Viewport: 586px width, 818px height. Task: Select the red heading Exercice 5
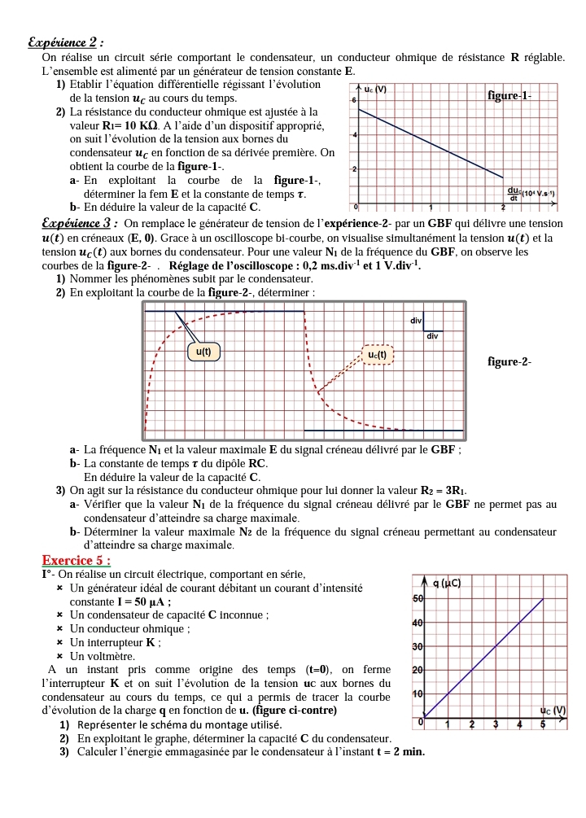point(77,561)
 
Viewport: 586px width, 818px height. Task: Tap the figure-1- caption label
point(509,96)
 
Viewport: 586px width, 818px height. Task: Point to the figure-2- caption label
point(509,361)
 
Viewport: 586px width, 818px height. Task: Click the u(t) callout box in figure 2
point(203,352)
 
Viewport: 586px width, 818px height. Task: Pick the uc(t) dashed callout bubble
point(378,355)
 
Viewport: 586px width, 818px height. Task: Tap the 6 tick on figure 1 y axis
point(354,98)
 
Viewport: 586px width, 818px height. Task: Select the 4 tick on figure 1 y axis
point(354,133)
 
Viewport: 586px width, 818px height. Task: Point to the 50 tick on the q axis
point(418,599)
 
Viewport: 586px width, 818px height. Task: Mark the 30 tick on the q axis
point(418,647)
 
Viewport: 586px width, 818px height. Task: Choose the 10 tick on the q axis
point(418,694)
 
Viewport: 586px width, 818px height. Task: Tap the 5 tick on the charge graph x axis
point(542,724)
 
